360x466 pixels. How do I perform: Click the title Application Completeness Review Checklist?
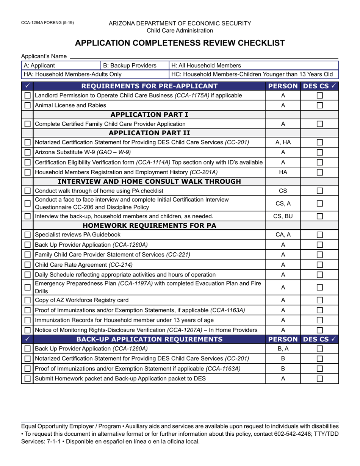[x=180, y=43]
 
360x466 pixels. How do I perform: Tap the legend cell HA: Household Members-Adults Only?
[x=72, y=74]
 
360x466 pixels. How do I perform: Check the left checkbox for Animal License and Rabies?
[x=27, y=105]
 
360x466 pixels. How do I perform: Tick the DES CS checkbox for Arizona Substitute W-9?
[x=319, y=152]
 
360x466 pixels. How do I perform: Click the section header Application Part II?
[x=149, y=133]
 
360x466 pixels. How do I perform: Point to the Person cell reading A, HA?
[x=283, y=142]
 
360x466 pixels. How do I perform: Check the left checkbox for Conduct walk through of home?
[x=27, y=191]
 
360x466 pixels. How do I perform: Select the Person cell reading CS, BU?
[x=283, y=216]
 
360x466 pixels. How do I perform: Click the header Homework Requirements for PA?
[x=149, y=226]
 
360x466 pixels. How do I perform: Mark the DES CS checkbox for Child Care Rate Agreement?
[x=319, y=264]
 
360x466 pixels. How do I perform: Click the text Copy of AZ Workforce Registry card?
[x=81, y=300]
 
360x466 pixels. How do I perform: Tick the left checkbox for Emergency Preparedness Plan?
[x=27, y=287]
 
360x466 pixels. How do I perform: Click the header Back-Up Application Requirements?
[x=149, y=339]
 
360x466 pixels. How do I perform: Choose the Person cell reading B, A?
[x=283, y=349]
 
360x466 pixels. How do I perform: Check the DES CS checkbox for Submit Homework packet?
[x=319, y=378]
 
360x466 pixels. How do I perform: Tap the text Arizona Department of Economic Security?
[x=180, y=23]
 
